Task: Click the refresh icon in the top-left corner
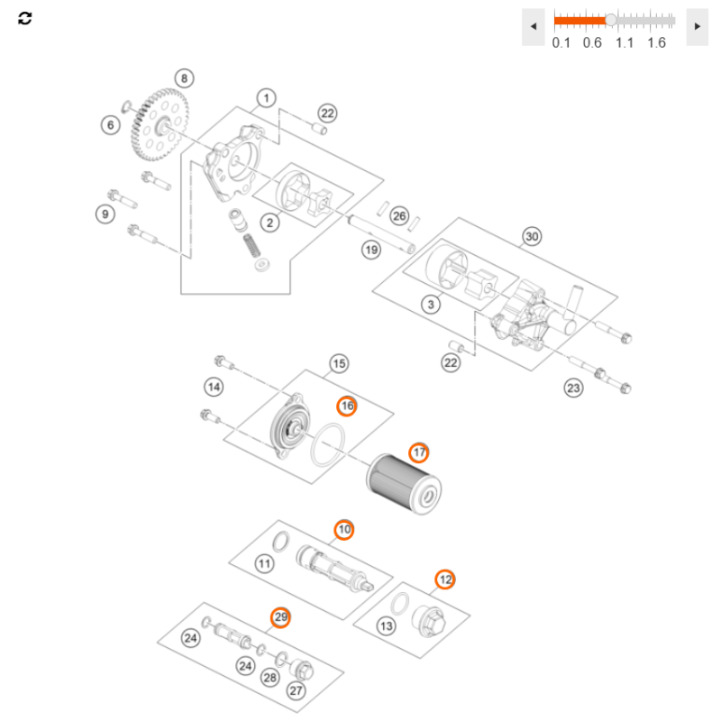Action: tap(25, 19)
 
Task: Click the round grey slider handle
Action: tap(611, 20)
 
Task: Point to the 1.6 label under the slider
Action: tap(655, 42)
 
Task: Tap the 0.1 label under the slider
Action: tap(561, 42)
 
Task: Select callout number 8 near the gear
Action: tap(184, 78)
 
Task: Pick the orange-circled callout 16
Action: tap(347, 406)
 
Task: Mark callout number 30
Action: tap(532, 237)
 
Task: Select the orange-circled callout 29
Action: tap(282, 616)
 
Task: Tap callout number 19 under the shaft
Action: tap(371, 250)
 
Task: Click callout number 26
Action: tap(399, 215)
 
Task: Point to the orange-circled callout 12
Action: tap(445, 579)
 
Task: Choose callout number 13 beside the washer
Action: tap(386, 625)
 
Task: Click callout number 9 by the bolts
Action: tap(105, 214)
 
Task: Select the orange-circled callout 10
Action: tap(344, 529)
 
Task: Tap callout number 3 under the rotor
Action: tap(432, 305)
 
